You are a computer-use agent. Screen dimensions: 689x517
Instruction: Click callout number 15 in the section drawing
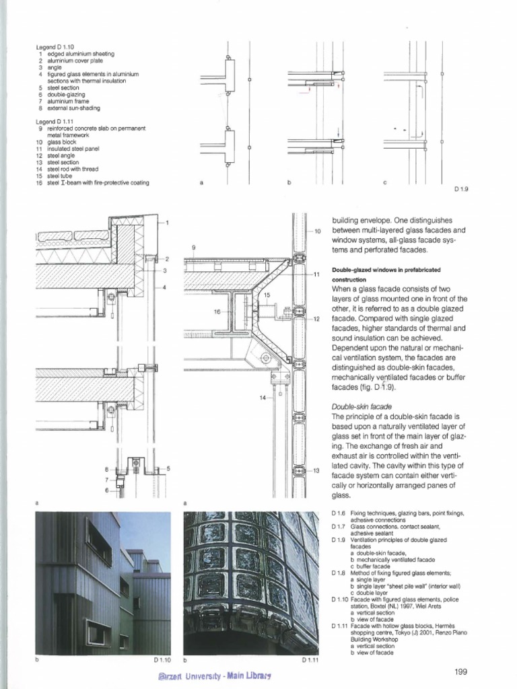[267, 295]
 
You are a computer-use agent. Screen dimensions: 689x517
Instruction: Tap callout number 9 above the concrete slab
[193, 248]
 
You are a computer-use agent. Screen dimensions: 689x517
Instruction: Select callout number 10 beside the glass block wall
[318, 231]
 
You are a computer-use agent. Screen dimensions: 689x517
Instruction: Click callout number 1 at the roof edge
[167, 223]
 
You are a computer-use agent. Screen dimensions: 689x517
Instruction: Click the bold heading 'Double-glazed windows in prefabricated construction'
[377, 274]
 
